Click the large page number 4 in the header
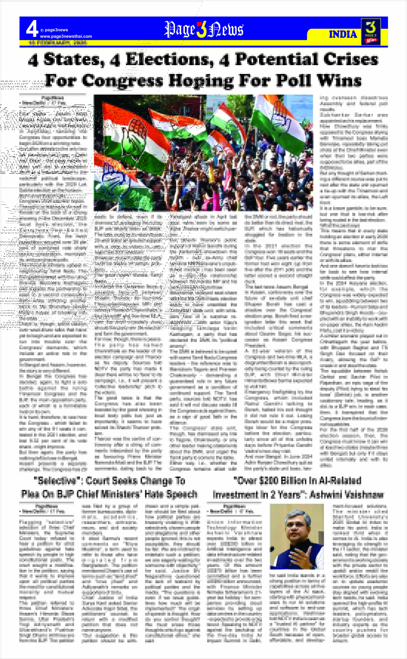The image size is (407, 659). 32,29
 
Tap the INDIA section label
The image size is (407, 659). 343,34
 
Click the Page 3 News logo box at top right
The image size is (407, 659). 371,32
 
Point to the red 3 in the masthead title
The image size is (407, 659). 201,30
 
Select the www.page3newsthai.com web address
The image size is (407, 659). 66,36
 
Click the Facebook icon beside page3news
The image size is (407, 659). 42,30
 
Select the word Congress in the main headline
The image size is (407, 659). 123,80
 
